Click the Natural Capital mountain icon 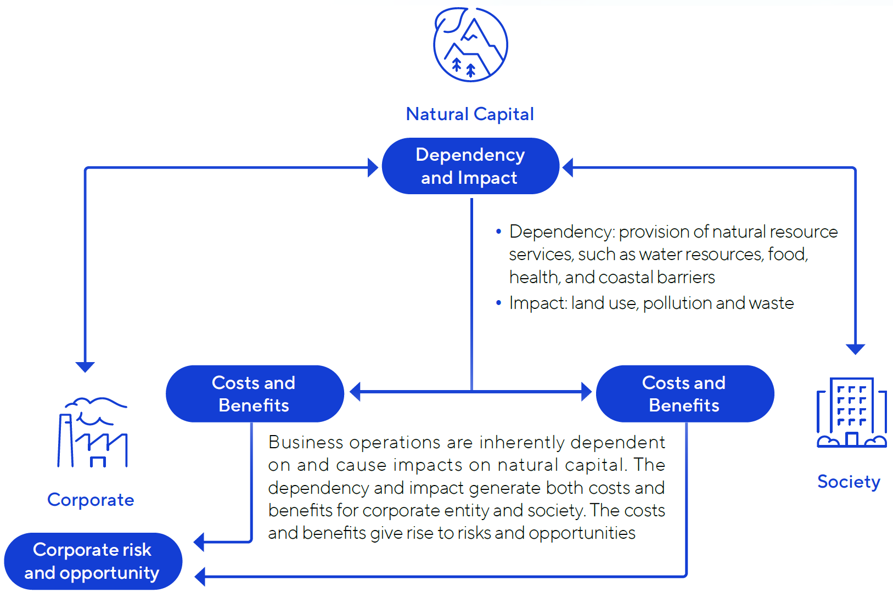(x=470, y=45)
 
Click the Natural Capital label (x=470, y=114)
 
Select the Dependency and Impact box (x=470, y=166)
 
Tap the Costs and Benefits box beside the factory (x=254, y=394)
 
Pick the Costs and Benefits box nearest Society (x=684, y=394)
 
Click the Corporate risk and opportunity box (x=92, y=561)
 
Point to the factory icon (x=92, y=433)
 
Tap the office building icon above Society (x=851, y=413)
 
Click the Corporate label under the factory (x=91, y=500)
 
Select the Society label (x=849, y=482)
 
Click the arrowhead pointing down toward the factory (x=85, y=366)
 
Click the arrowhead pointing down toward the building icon (x=855, y=349)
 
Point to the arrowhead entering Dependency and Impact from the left (x=373, y=167)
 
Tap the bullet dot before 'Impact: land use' (x=498, y=303)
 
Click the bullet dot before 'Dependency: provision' (x=498, y=232)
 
